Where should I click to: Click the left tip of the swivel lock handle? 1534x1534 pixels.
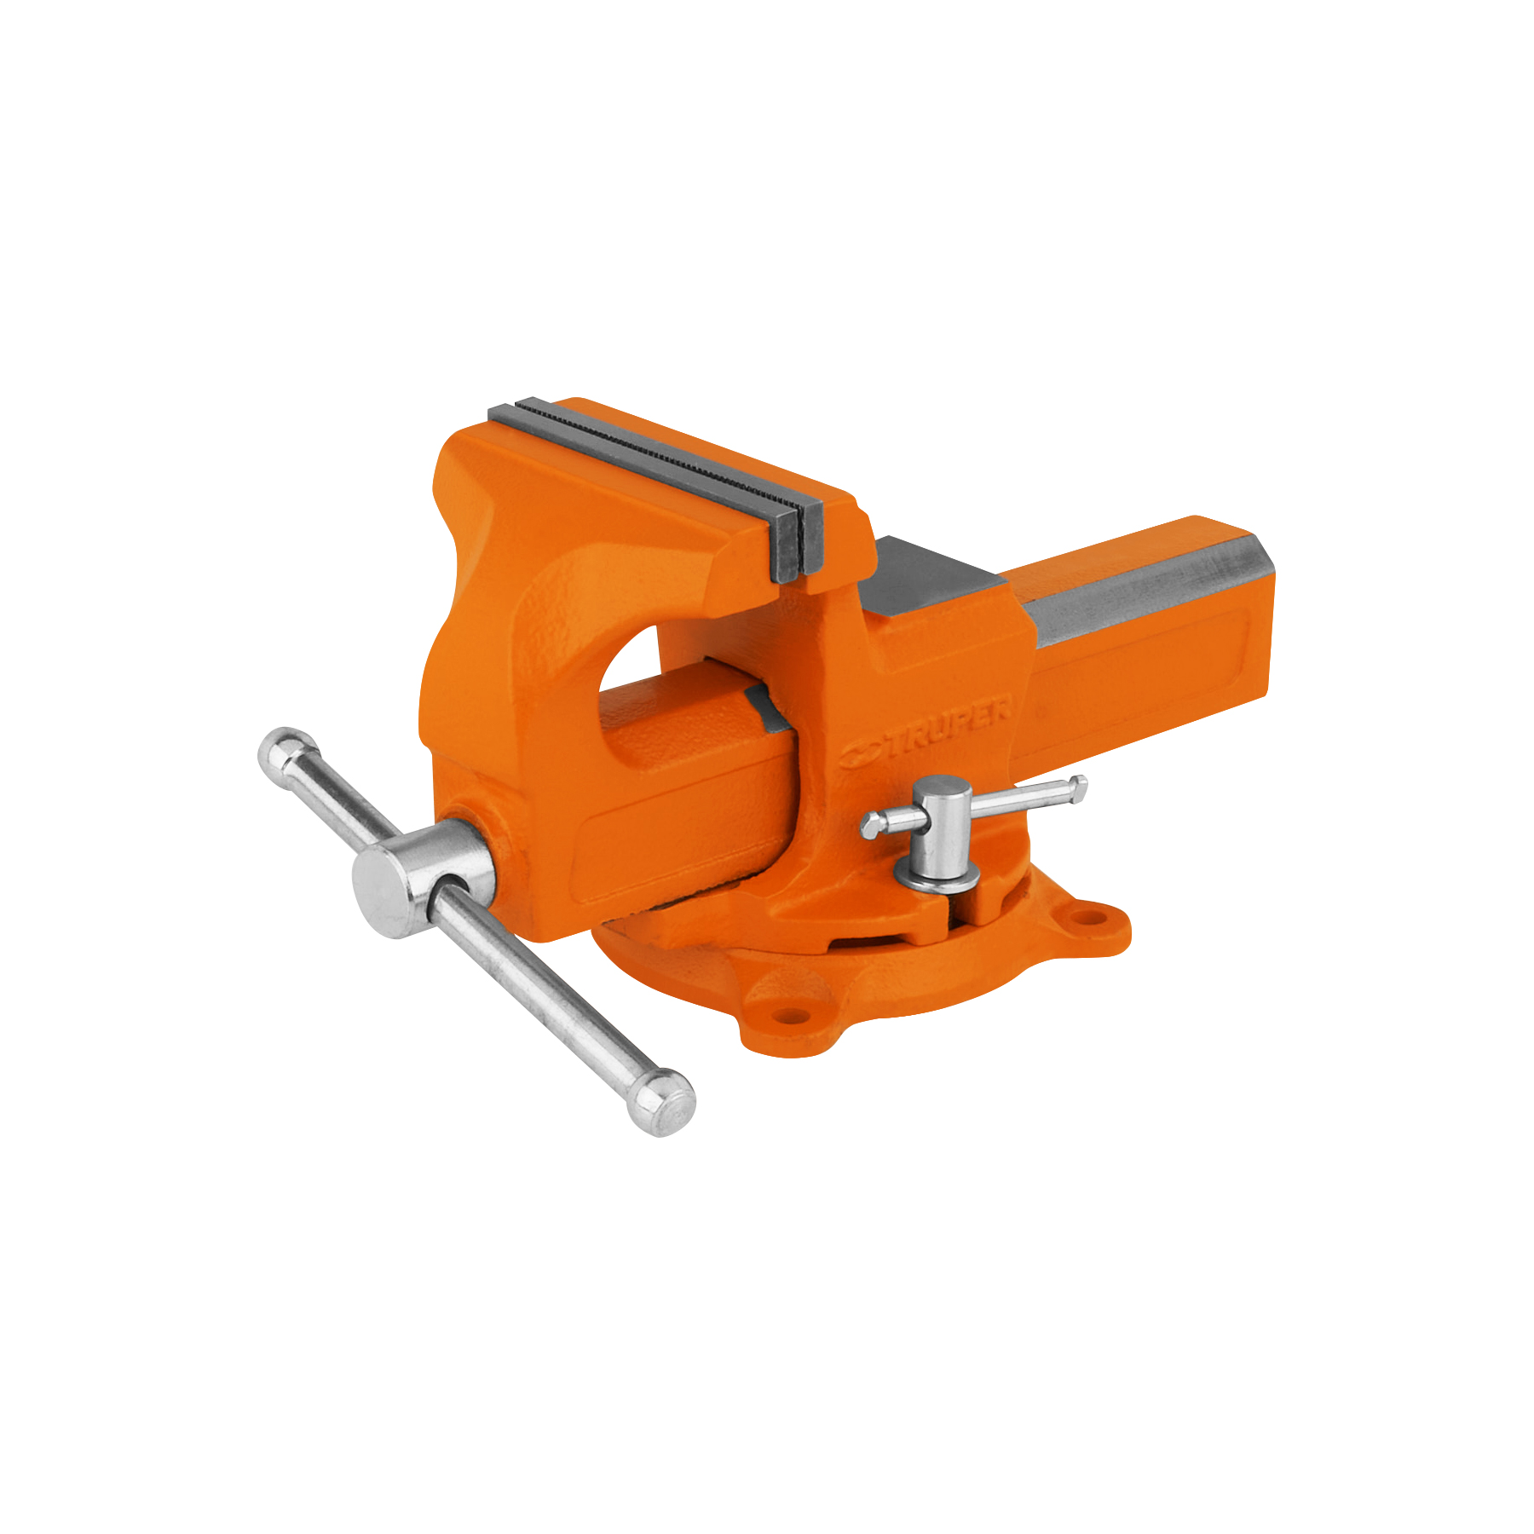[x=871, y=823]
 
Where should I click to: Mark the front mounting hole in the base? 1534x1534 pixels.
[x=792, y=1016]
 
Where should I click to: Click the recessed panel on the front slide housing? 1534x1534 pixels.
[x=682, y=839]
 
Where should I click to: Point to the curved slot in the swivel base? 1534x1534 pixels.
[x=869, y=941]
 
